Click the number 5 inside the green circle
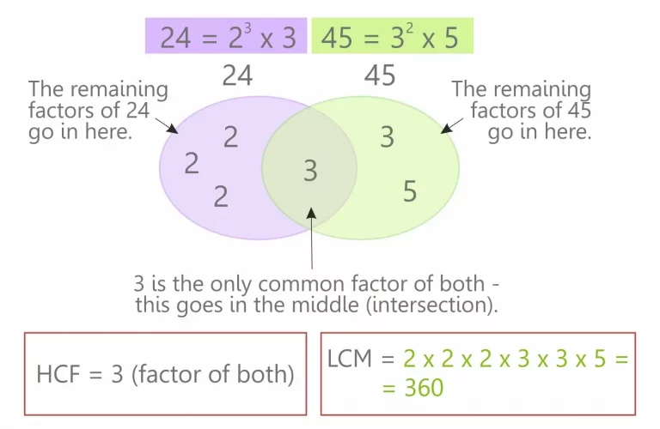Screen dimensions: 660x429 [x=410, y=191]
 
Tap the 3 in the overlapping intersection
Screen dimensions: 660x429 [x=310, y=171]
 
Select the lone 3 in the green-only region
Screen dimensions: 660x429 [x=388, y=137]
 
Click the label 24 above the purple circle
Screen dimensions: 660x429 [x=237, y=76]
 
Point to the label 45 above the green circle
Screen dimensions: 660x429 [x=380, y=76]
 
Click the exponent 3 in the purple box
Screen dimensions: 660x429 [x=247, y=28]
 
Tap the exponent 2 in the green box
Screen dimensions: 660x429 [x=409, y=28]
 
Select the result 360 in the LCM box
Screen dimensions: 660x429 [x=424, y=388]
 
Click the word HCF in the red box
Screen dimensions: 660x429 [x=58, y=374]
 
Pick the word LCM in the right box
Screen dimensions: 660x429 [x=350, y=359]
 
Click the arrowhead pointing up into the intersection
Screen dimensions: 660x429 [x=311, y=213]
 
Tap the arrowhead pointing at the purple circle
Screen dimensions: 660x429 [x=172, y=129]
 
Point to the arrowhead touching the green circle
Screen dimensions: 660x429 [x=447, y=128]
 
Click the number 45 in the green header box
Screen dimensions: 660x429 [x=337, y=38]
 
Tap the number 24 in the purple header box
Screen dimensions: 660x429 [x=175, y=38]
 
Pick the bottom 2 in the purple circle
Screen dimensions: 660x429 [x=221, y=196]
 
